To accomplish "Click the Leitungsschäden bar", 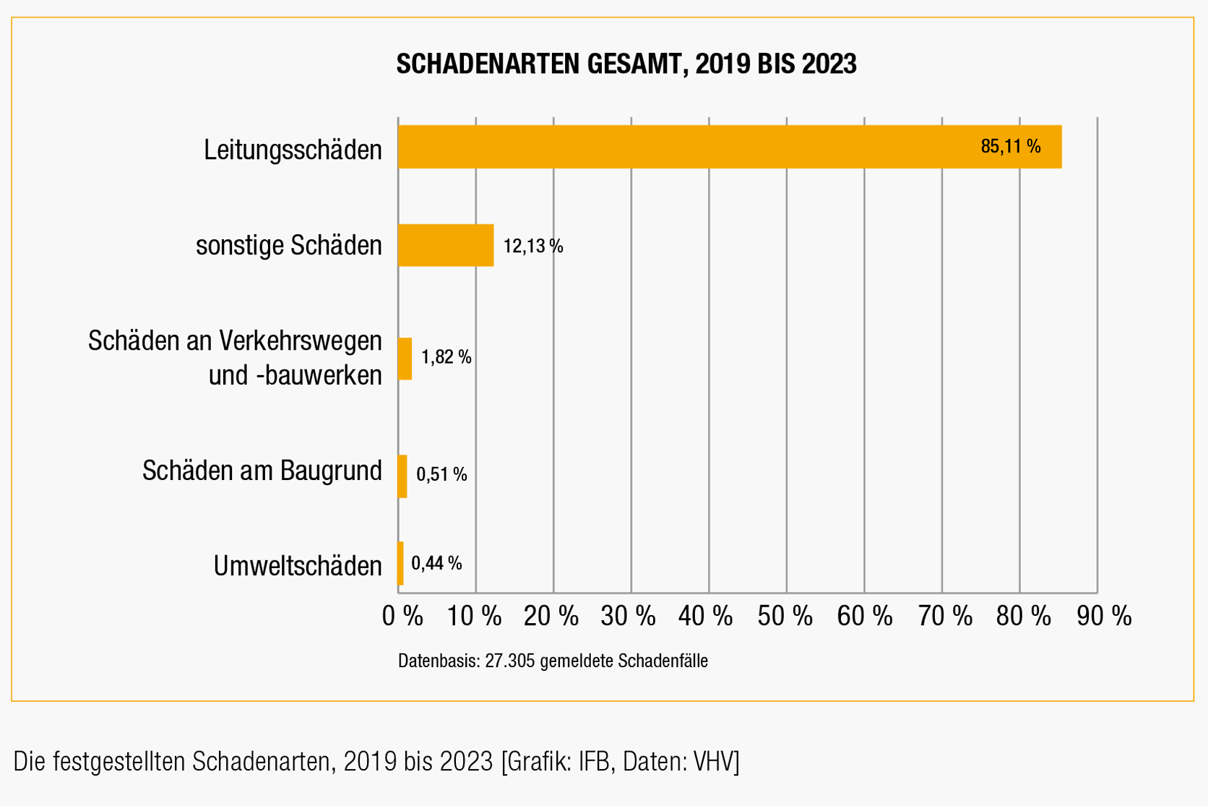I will (730, 147).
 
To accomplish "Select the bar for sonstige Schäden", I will (446, 246).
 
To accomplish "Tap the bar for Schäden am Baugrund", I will (402, 476).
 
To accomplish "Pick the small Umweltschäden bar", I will (400, 564).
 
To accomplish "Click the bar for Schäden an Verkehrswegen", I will (405, 359).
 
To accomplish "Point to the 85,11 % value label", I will (1010, 147).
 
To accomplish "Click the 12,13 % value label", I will (532, 246).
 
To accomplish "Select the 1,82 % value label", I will (446, 357).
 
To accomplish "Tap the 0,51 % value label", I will (441, 475).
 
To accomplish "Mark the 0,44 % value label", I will (436, 563).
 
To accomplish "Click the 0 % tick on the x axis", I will (402, 617).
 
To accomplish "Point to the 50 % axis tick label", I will (785, 617).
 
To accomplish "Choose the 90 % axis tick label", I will (1103, 617).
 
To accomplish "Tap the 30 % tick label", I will (628, 617).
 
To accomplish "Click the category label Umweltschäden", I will (298, 566).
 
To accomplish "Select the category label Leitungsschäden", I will (293, 150).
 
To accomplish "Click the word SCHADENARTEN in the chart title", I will (488, 64).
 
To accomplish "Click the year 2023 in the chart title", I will (828, 64).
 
